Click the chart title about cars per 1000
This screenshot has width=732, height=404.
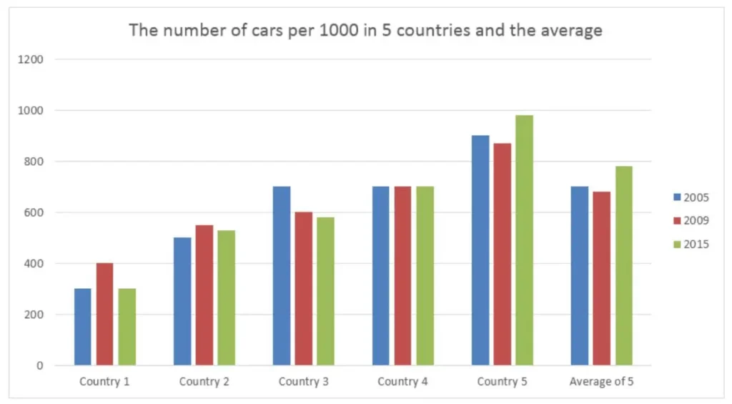point(365,30)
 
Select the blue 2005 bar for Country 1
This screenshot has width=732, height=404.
point(83,327)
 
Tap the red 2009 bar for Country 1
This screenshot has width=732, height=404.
point(105,314)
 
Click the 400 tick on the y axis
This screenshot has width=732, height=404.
point(35,263)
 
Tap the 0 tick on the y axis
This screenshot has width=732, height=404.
point(40,365)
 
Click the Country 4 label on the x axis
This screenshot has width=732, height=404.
point(402,382)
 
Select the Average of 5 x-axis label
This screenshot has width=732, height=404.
point(601,382)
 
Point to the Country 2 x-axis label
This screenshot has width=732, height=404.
point(204,382)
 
